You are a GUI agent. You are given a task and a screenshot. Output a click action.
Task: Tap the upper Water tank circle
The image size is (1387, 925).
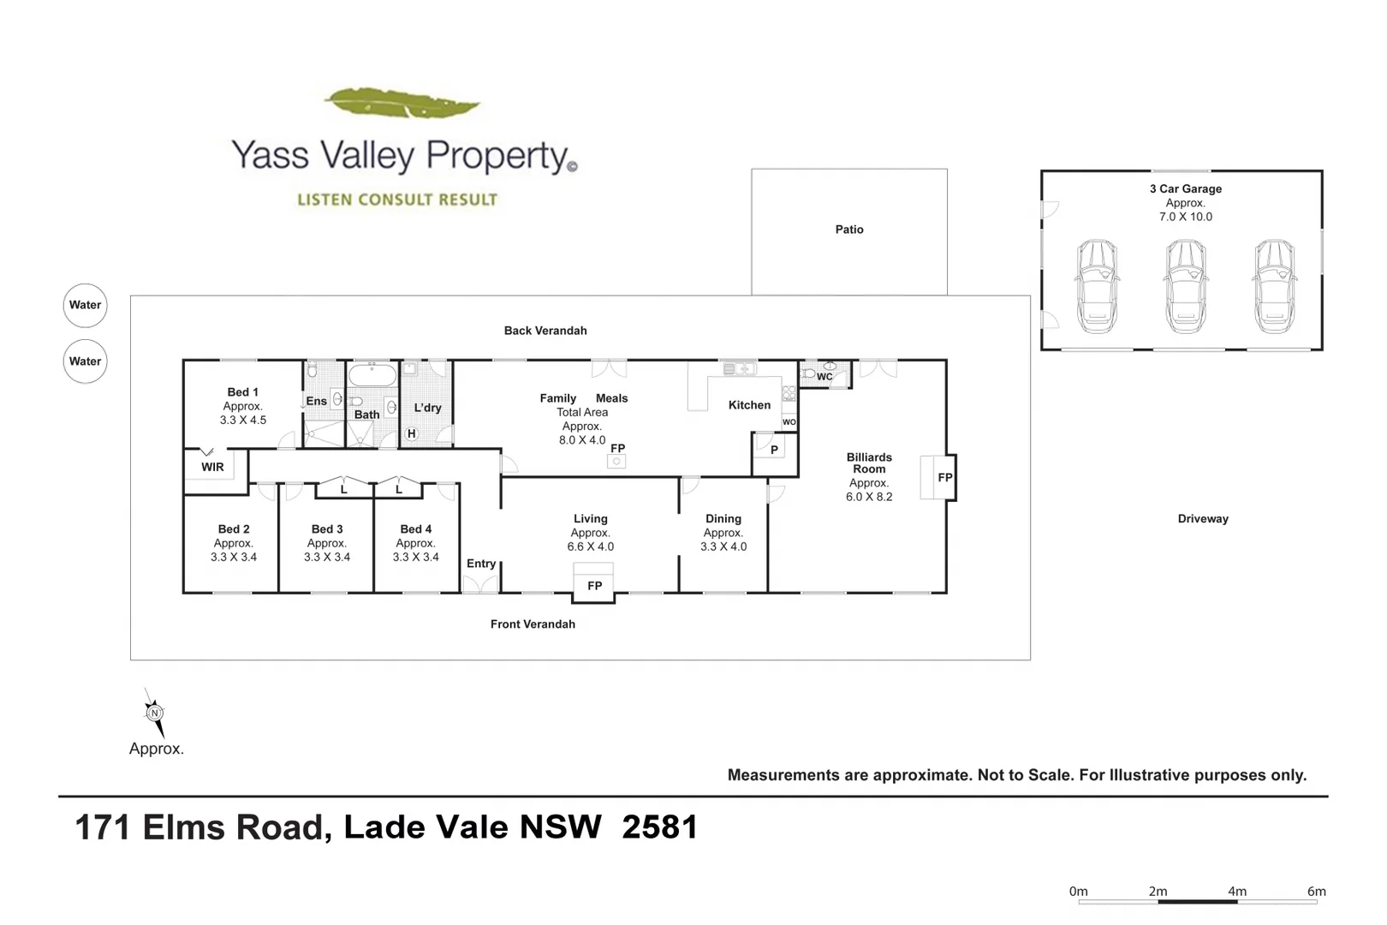click(x=85, y=305)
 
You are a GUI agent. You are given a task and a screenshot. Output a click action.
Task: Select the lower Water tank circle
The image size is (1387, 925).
click(x=85, y=361)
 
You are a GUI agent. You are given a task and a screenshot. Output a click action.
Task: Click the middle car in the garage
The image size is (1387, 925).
click(x=1186, y=286)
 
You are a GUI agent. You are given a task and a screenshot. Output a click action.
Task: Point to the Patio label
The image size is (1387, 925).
click(x=849, y=230)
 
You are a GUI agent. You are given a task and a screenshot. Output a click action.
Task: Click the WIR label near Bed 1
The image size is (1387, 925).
click(x=212, y=467)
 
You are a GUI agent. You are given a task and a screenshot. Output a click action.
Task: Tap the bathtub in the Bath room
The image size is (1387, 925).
click(x=372, y=375)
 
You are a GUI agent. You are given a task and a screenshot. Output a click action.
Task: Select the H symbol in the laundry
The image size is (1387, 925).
click(x=412, y=434)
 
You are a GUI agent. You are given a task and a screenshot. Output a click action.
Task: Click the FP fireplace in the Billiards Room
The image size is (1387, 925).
click(x=944, y=478)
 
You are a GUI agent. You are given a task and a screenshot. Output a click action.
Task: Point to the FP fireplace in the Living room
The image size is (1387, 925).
click(x=594, y=586)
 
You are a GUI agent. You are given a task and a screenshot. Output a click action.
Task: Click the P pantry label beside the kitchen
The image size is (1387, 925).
click(x=774, y=450)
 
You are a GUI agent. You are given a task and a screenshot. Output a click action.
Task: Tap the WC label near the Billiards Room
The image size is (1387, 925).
click(x=824, y=377)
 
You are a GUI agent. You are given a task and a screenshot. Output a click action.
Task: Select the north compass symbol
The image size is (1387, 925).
click(x=154, y=713)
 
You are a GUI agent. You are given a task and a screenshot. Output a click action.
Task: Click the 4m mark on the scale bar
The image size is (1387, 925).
click(x=1237, y=892)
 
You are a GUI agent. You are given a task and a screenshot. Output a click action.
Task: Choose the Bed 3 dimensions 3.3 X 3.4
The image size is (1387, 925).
click(x=327, y=558)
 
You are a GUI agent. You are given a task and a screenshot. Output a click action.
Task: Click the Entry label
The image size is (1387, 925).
click(x=481, y=564)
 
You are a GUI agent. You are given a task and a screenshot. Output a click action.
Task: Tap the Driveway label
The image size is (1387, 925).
click(x=1203, y=519)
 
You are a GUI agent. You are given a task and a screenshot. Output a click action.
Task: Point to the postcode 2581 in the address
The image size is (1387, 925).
click(x=659, y=827)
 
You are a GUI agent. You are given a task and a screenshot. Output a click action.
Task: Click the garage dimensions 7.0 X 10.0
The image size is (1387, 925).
click(x=1186, y=218)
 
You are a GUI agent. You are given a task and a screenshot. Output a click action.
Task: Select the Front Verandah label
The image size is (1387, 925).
click(x=533, y=624)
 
